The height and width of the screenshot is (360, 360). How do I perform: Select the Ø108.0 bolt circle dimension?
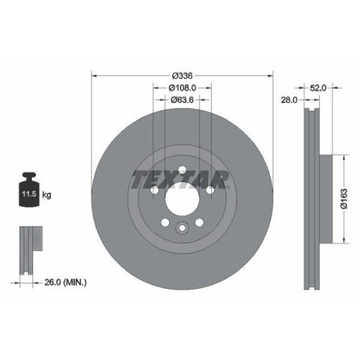pyautogui.click(x=183, y=88)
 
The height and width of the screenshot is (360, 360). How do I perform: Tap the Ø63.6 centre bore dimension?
pyautogui.click(x=183, y=100)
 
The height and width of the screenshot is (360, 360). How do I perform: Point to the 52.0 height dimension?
pyautogui.click(x=319, y=87)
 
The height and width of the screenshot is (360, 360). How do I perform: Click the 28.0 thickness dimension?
pyautogui.click(x=289, y=101)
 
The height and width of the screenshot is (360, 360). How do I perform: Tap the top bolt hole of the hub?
pyautogui.click(x=182, y=170)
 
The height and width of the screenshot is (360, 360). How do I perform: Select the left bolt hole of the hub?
pyautogui.click(x=156, y=191)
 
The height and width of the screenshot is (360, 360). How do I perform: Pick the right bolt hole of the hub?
pyautogui.click(x=210, y=191)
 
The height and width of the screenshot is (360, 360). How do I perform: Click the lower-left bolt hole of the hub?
pyautogui.click(x=166, y=222)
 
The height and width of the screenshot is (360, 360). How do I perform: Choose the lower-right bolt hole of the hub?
pyautogui.click(x=199, y=222)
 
